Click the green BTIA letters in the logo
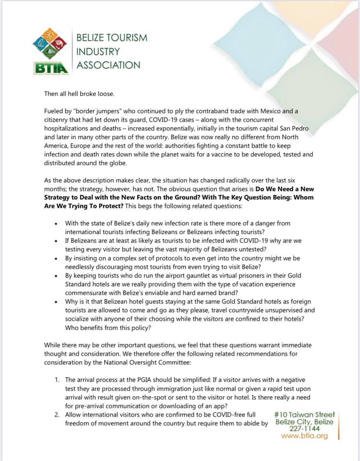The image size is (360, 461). tap(51, 68)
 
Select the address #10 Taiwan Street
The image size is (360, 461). tap(304, 414)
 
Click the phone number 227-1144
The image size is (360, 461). tap(304, 429)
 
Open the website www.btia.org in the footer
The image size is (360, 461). tap(304, 436)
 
